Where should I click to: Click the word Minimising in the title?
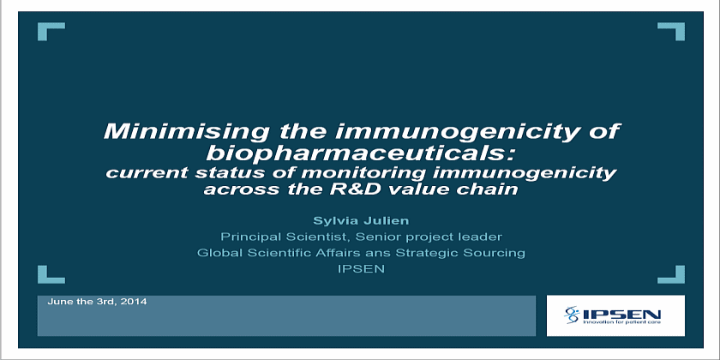[x=185, y=131]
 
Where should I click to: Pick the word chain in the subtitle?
[x=495, y=189]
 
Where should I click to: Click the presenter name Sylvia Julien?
[x=361, y=221]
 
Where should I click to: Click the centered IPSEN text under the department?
[x=361, y=268]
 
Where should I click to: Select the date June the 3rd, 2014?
[x=97, y=302]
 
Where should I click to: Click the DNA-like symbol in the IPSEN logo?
[x=573, y=315]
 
